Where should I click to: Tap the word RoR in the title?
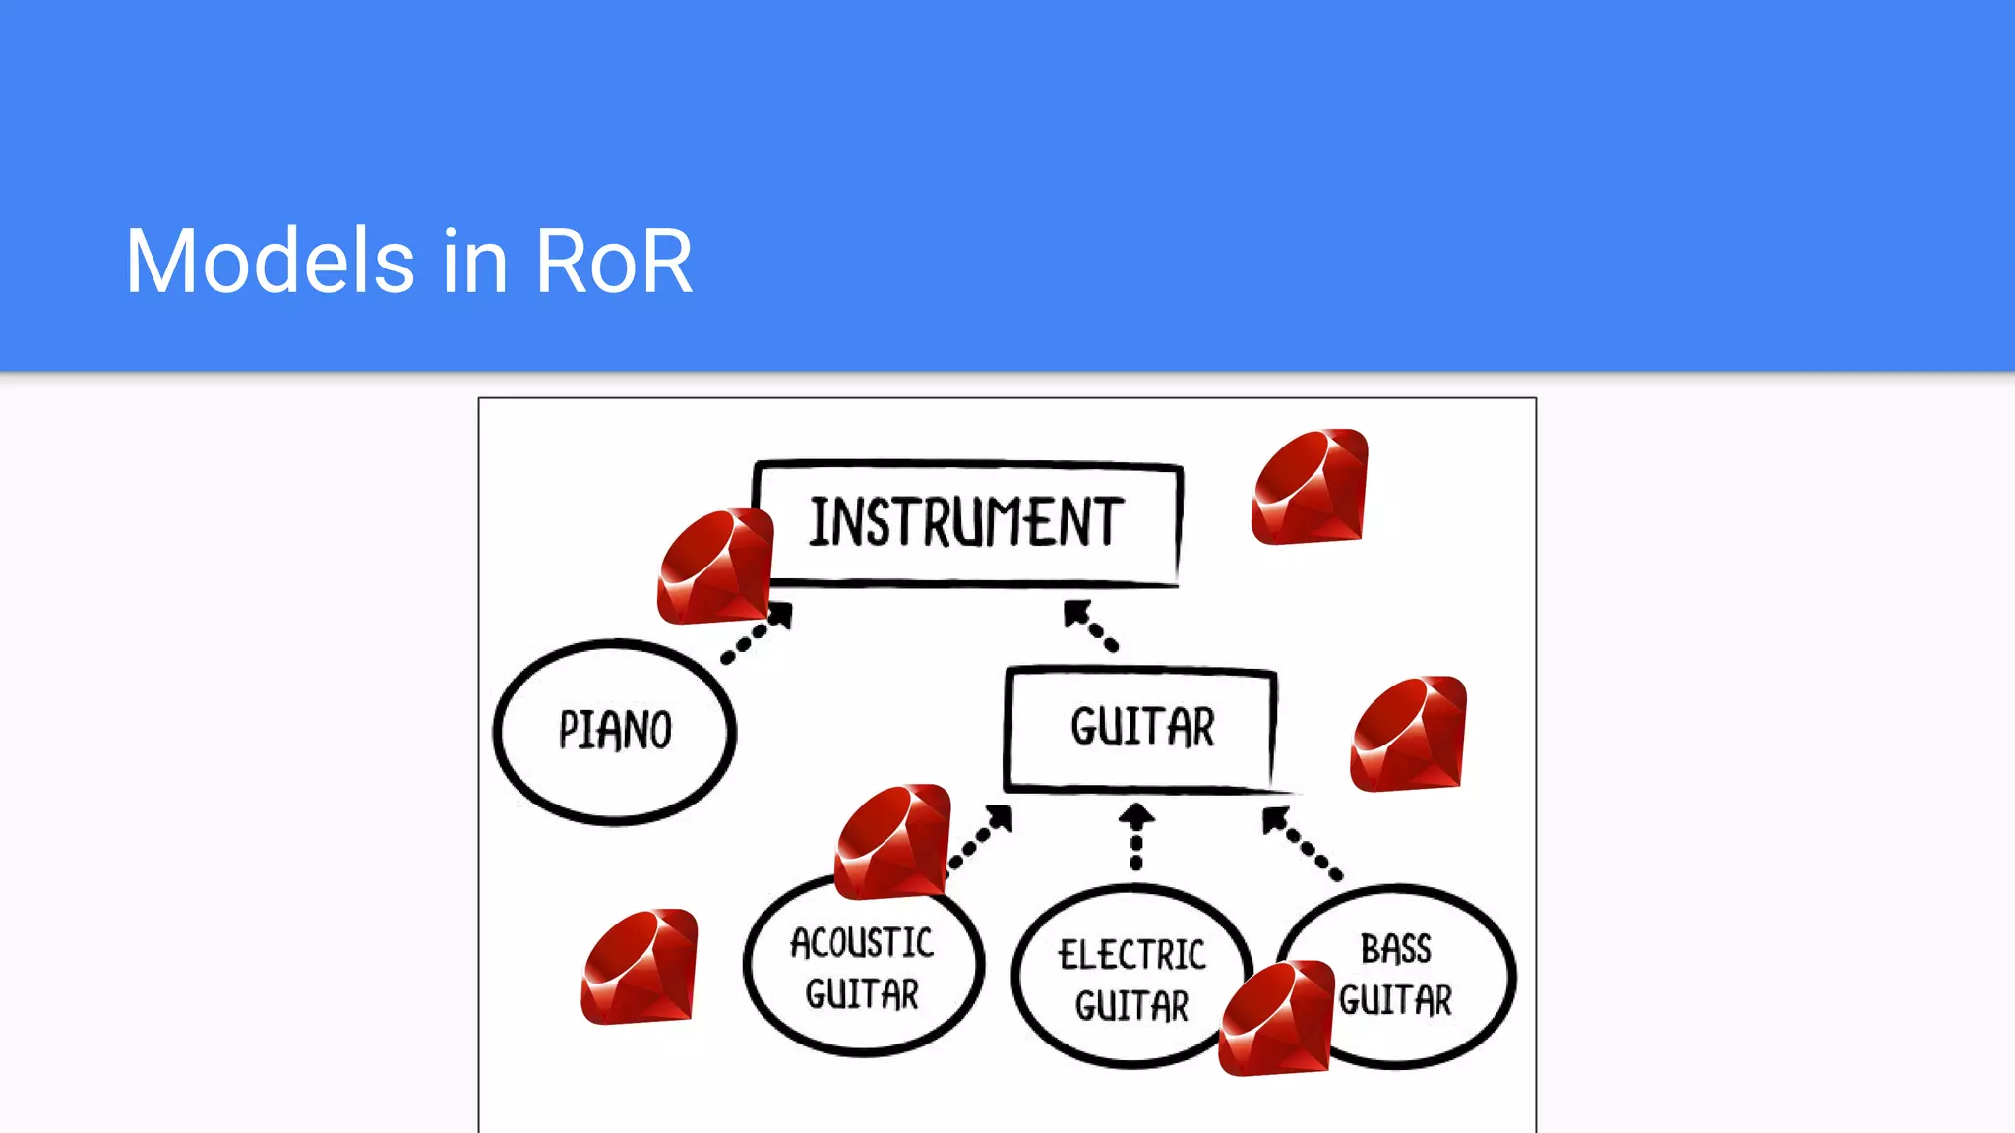(x=614, y=262)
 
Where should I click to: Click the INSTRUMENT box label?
(x=966, y=522)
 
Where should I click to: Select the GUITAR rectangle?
(x=1141, y=728)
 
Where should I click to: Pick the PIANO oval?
(x=615, y=730)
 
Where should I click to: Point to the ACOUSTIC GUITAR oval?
(x=863, y=969)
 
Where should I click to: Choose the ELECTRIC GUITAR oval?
(x=1131, y=979)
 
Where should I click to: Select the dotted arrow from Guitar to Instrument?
(x=1090, y=626)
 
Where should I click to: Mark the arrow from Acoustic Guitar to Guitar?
(x=981, y=837)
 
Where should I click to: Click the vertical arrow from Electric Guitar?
(x=1136, y=837)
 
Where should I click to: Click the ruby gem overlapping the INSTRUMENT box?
(x=715, y=566)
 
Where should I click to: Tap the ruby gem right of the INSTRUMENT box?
(x=1310, y=487)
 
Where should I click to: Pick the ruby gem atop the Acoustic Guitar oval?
(x=892, y=842)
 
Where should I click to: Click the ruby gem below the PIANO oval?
(x=640, y=967)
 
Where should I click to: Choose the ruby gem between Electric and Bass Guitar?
(x=1276, y=1019)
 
